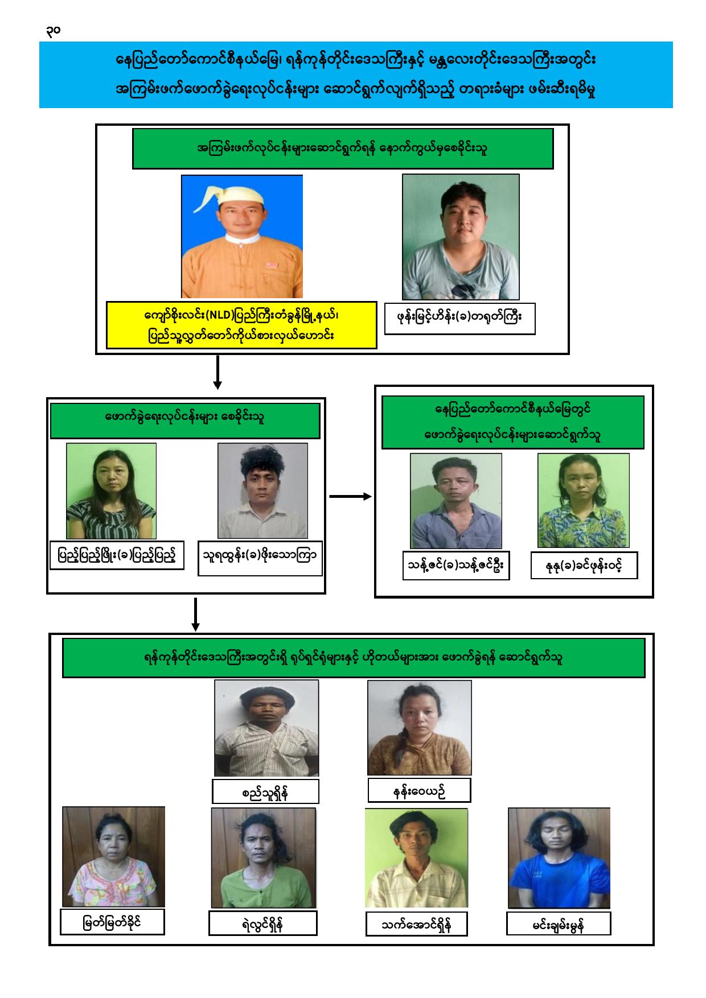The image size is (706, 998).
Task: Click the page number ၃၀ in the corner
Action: [53, 31]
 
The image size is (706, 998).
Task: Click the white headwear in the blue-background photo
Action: [242, 194]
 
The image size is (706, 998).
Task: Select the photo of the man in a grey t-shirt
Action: [461, 237]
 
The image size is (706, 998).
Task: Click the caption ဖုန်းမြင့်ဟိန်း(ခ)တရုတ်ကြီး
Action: [460, 319]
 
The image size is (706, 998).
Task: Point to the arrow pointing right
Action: [350, 497]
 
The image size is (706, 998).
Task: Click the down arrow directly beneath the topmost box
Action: [217, 372]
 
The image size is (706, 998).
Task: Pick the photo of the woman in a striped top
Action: [111, 491]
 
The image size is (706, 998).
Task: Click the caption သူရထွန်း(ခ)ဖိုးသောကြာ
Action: [260, 558]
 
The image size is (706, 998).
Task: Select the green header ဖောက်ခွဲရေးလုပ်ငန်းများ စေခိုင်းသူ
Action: [186, 420]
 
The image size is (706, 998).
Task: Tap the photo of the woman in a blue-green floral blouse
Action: [584, 501]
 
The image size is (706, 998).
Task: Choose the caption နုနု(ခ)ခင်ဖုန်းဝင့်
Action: [584, 566]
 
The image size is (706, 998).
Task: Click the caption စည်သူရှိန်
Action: [265, 791]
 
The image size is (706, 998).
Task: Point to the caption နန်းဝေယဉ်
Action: [419, 790]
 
